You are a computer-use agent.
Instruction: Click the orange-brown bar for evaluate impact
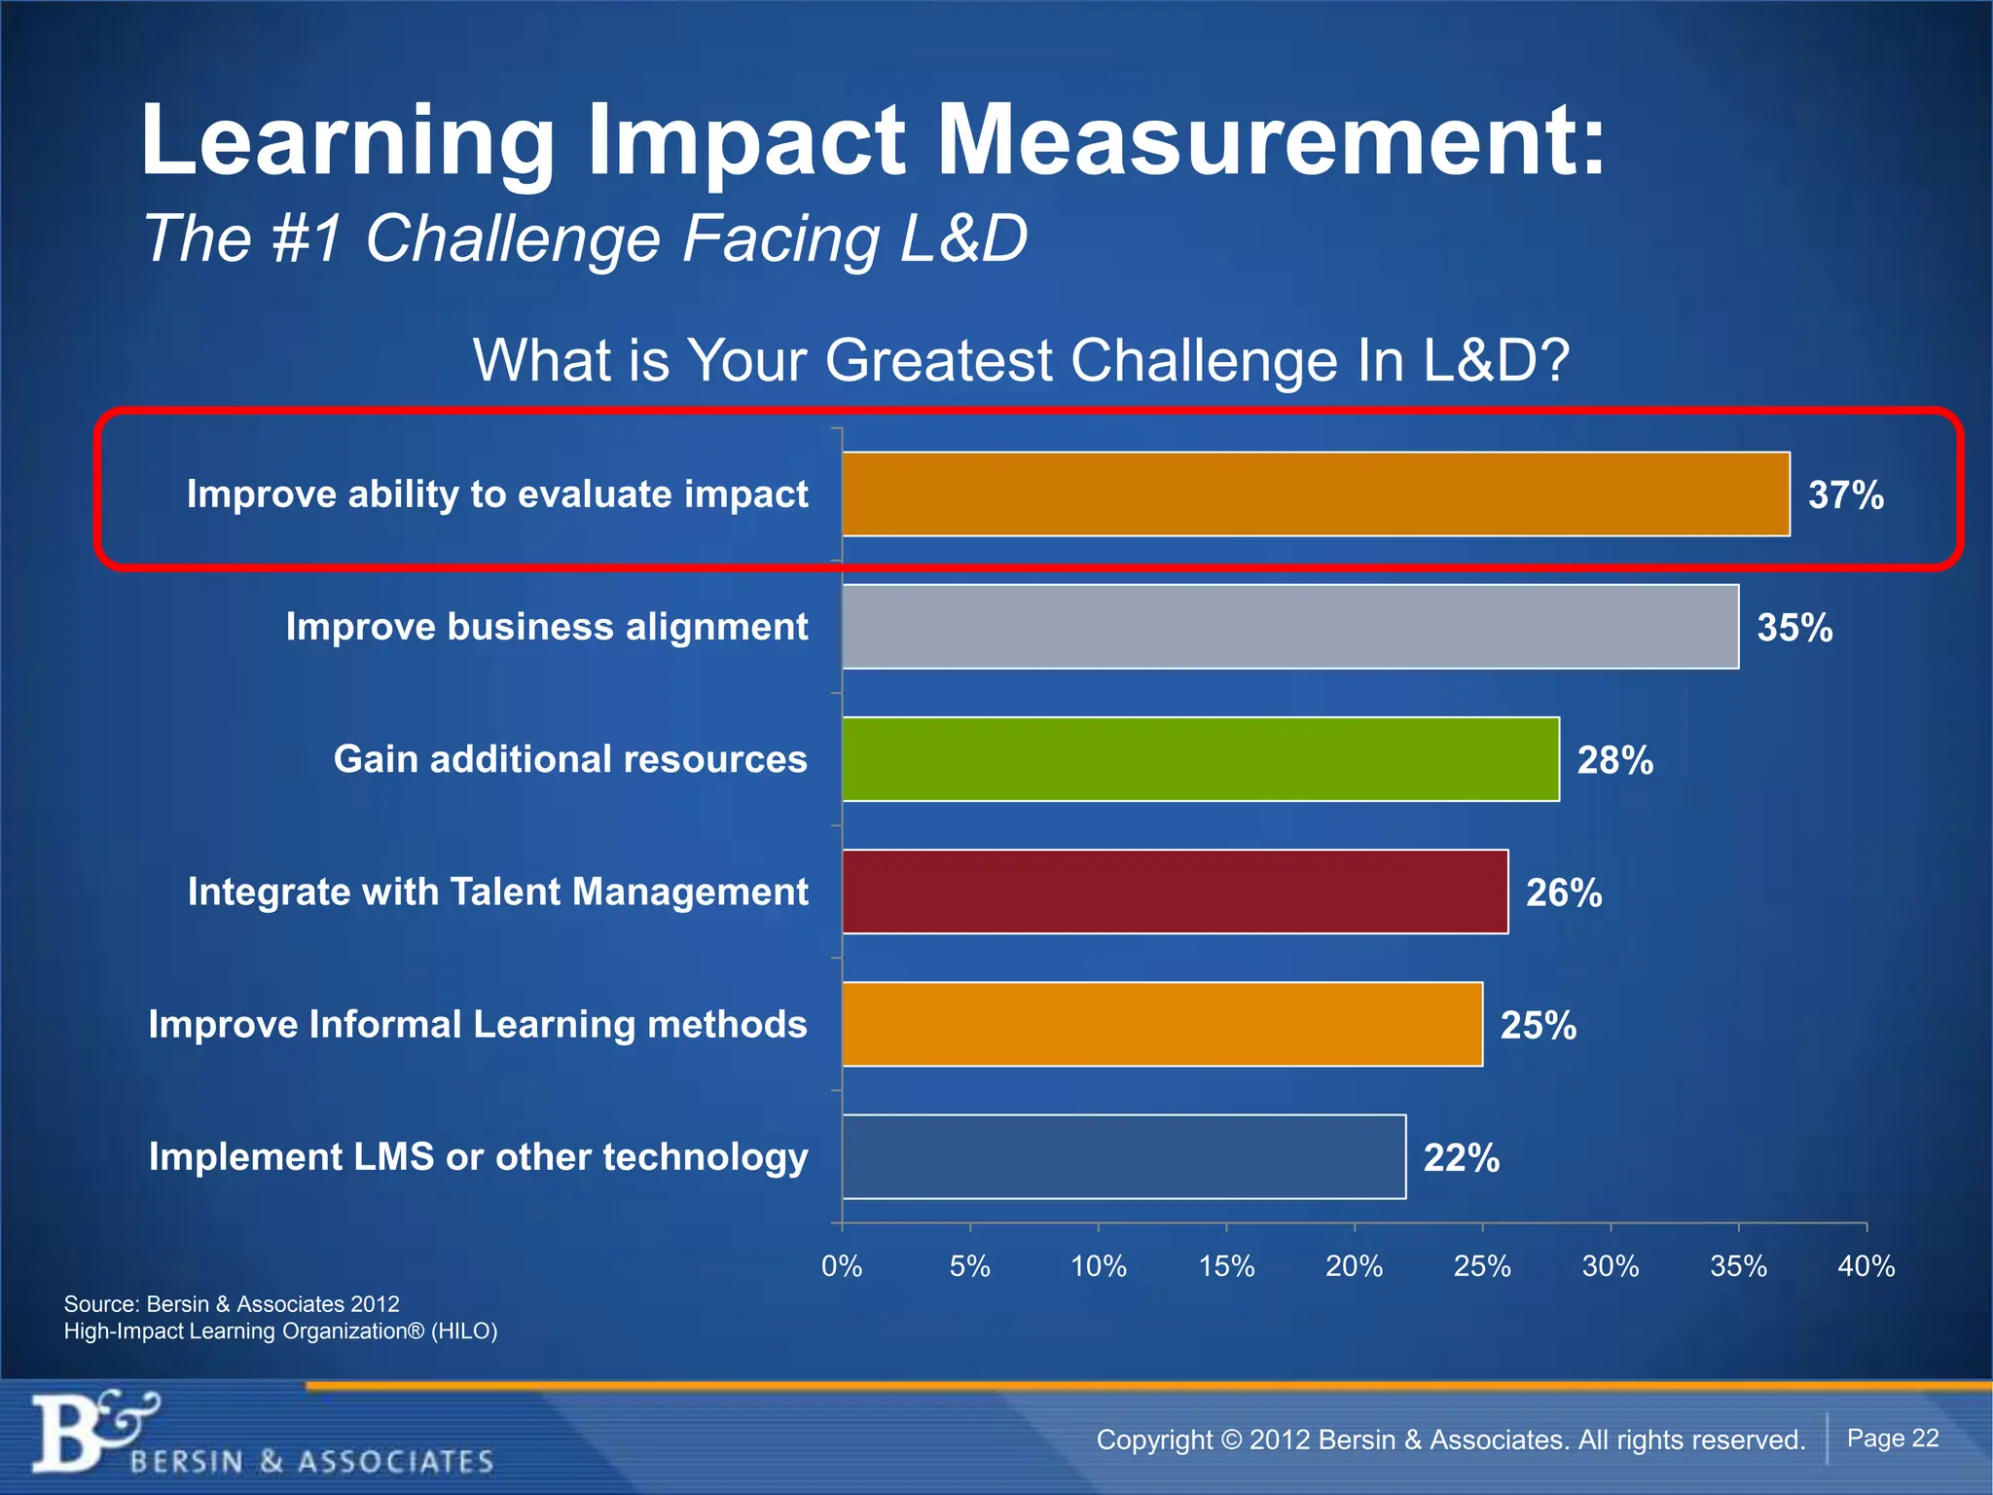pos(1316,493)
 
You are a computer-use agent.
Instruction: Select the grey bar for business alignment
pos(1290,626)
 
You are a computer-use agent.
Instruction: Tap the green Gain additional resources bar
pos(1201,759)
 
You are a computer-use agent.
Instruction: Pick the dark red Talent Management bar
pos(1176,892)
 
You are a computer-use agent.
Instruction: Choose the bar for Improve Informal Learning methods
pos(1162,1024)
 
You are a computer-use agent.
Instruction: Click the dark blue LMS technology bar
pos(1124,1156)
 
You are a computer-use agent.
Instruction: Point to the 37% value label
pos(1845,495)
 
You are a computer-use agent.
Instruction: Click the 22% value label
pos(1461,1158)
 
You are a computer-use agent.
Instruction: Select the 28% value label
pos(1614,760)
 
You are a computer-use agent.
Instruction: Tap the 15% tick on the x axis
pos(1226,1266)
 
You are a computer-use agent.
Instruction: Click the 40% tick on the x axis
pos(1866,1266)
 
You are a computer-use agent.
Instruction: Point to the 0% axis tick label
pos(842,1266)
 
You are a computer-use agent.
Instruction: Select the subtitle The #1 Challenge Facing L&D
pos(585,238)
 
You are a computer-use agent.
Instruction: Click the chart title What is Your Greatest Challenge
pos(1021,360)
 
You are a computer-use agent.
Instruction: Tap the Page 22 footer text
pos(1892,1439)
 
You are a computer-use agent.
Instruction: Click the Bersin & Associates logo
pos(263,1437)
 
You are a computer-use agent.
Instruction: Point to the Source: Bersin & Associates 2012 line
pos(232,1303)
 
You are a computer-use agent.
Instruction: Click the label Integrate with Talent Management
pos(497,892)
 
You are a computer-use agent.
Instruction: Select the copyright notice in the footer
pos(1450,1440)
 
